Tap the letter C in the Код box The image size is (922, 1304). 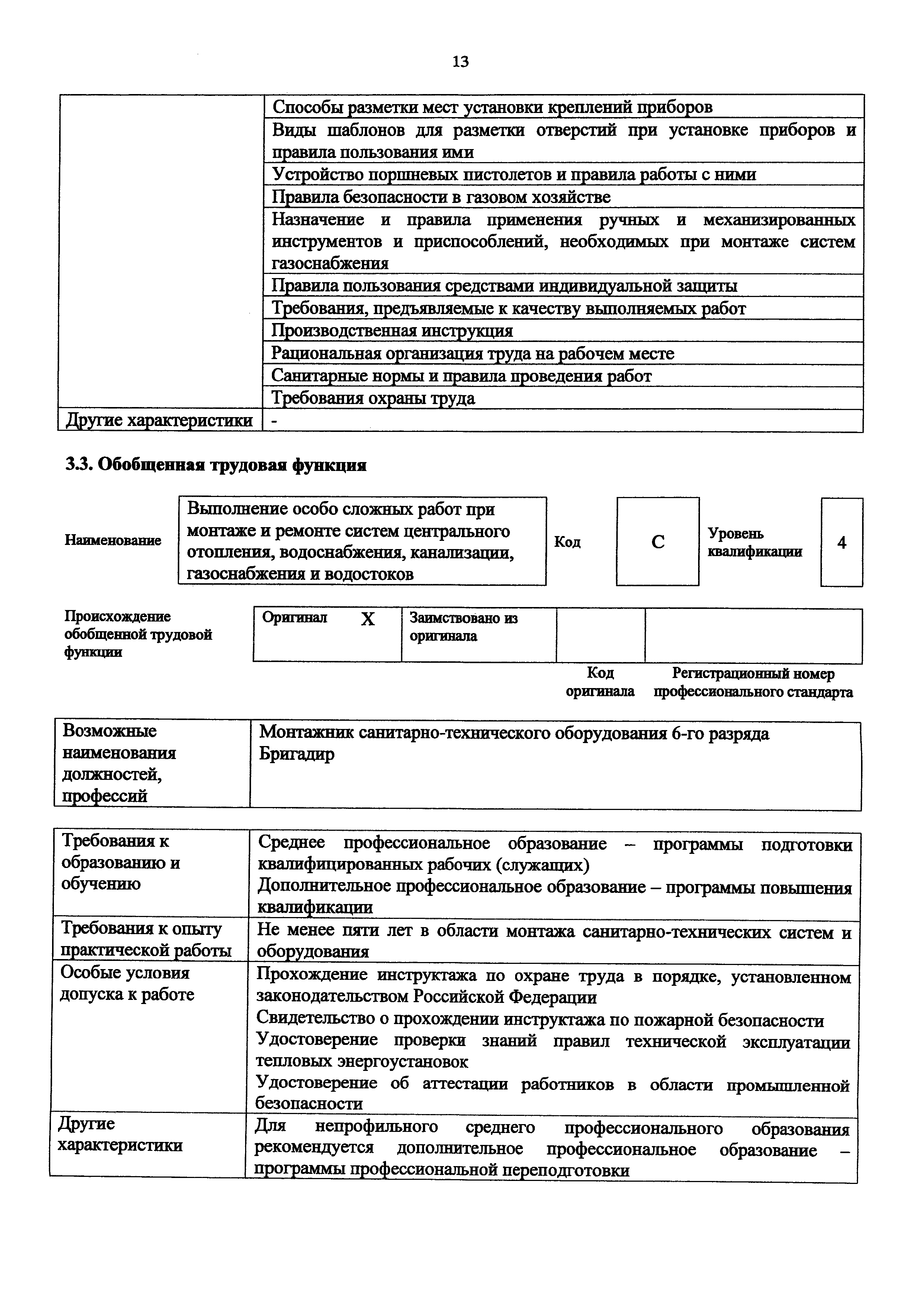[658, 542]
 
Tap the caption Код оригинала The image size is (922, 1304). [600, 682]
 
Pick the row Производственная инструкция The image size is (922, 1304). [392, 330]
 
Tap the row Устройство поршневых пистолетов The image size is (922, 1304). [514, 174]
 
